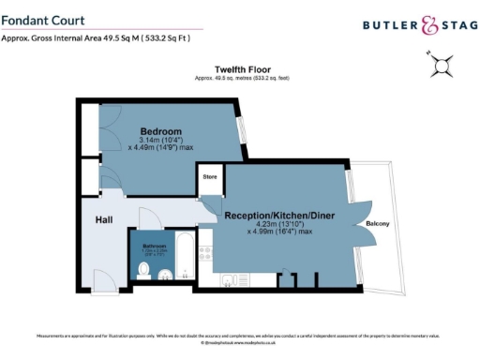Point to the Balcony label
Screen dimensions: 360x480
377,223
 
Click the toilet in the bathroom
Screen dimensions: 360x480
142,271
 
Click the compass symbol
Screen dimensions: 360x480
442,67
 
